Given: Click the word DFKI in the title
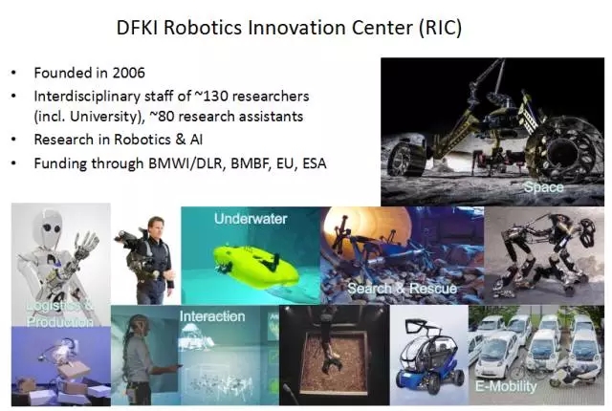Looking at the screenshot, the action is click(137, 28).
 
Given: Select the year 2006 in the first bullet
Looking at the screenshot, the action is click(128, 73).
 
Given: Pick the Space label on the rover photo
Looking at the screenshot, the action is click(543, 187).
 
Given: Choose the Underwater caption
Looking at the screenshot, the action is click(251, 219).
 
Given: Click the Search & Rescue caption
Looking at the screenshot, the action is click(402, 289).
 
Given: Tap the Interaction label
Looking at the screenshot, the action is click(212, 316).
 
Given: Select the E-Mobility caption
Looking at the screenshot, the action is click(506, 386).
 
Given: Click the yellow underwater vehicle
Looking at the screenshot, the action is click(255, 265).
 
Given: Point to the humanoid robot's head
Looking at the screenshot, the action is click(49, 228).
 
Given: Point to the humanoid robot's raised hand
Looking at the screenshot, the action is click(88, 242).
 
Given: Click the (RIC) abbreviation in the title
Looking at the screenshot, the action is click(440, 28).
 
